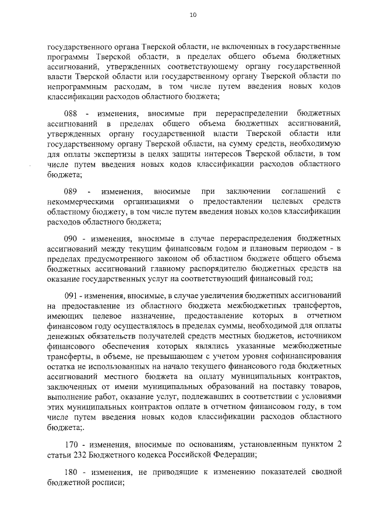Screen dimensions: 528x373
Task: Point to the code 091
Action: pyautogui.click(x=71, y=295)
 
